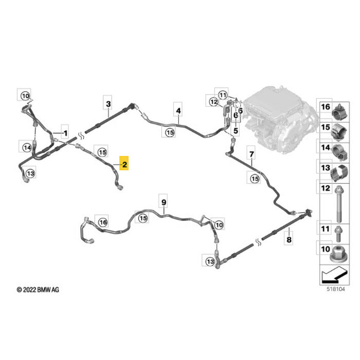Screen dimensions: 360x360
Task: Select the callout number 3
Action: [x=108, y=104]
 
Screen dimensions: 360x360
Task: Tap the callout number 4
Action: [x=178, y=111]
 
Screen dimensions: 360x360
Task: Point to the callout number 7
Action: [x=251, y=154]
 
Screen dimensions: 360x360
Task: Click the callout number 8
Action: [x=289, y=240]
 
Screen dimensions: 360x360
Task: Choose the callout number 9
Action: [x=164, y=202]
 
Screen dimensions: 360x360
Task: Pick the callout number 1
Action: [x=65, y=133]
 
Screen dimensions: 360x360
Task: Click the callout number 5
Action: [x=236, y=131]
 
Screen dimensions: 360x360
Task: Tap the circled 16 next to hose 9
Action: [x=103, y=222]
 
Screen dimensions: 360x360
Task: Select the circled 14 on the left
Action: [x=27, y=148]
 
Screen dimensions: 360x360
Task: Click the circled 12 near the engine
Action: [x=214, y=101]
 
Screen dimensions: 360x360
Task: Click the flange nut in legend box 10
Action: [x=339, y=254]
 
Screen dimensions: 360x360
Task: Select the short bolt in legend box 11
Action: [x=338, y=233]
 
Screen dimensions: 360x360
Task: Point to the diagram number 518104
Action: [x=336, y=289]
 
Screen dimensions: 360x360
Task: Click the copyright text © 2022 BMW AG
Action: [x=38, y=290]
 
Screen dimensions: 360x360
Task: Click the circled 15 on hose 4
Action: [x=170, y=133]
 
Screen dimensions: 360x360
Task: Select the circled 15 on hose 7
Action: [x=255, y=178]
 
